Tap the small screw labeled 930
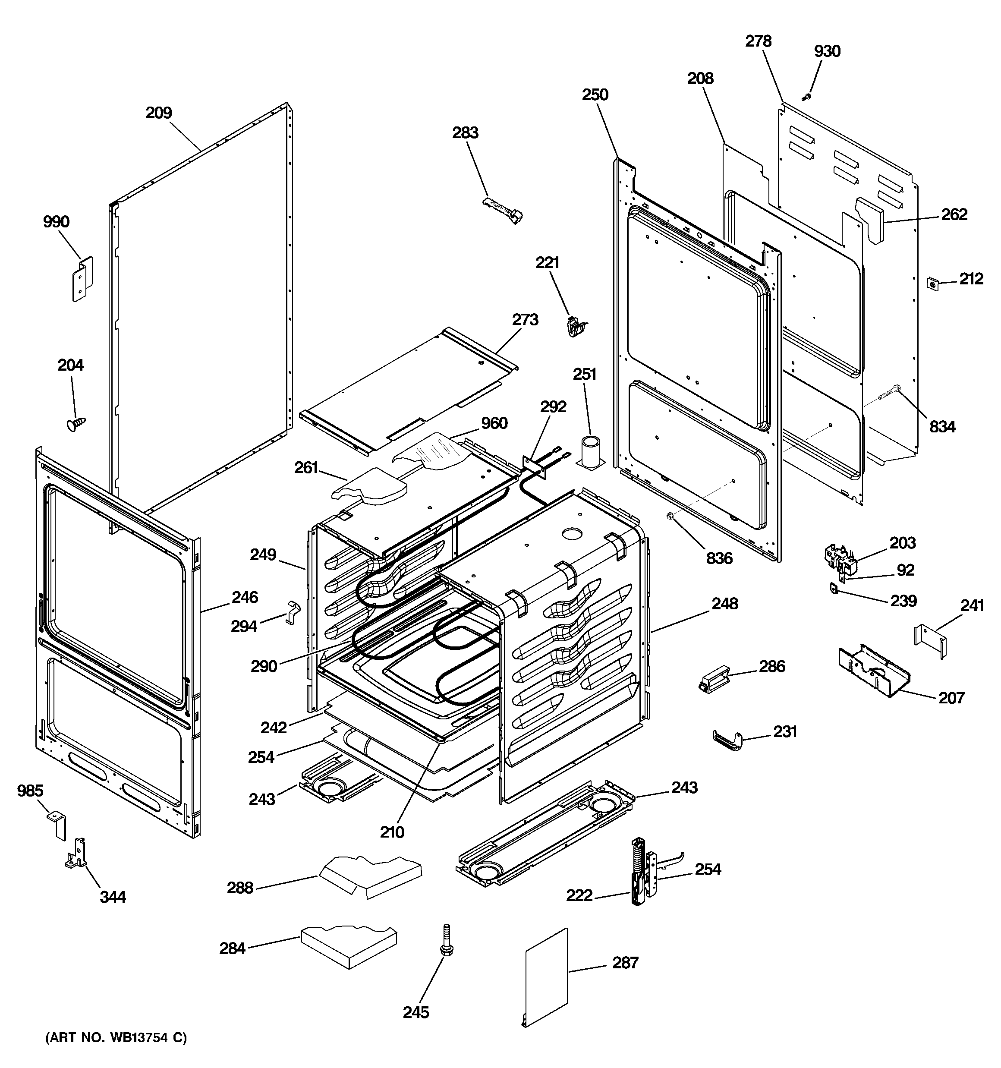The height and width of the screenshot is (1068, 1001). (x=806, y=97)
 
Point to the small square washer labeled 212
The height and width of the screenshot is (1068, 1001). (x=933, y=283)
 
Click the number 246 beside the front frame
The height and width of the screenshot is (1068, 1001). (x=245, y=597)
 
